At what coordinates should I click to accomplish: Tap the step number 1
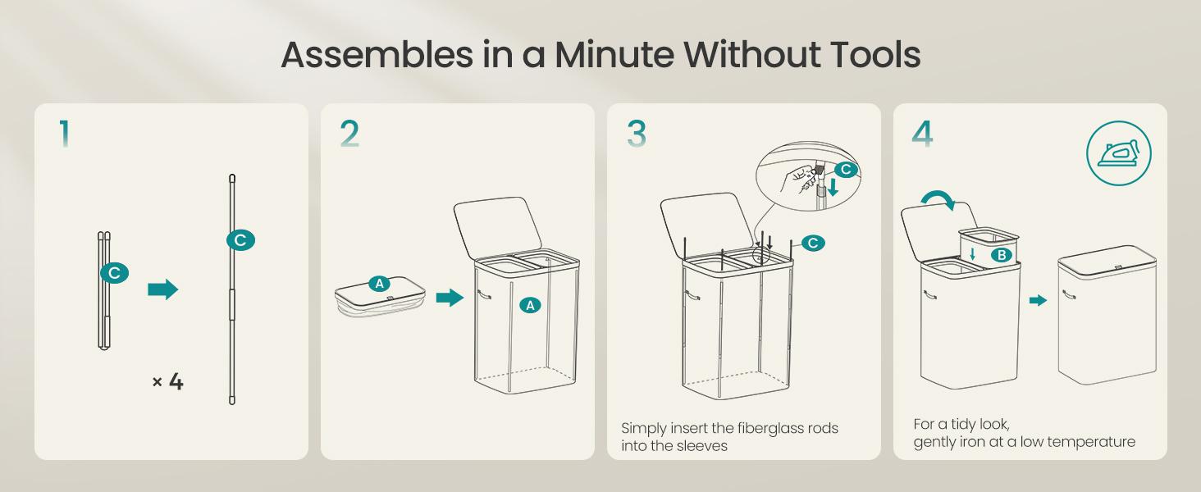point(65,134)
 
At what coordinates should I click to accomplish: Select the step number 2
point(349,134)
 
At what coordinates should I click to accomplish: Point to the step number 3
point(637,134)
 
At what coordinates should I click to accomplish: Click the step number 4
point(922,134)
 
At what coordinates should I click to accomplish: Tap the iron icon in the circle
point(1118,153)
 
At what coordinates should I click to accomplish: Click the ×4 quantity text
point(168,382)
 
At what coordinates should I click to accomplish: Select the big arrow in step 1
point(162,289)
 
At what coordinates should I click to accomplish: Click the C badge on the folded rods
point(114,273)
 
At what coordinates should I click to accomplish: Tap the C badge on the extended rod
point(240,240)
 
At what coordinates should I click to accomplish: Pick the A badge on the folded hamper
point(380,284)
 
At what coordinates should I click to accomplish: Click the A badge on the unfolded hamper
point(530,306)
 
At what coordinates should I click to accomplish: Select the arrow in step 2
point(450,298)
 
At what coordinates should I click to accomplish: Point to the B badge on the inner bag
point(1001,255)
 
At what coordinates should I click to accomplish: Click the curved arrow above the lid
point(938,199)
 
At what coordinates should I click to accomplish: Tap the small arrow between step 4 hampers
point(1038,300)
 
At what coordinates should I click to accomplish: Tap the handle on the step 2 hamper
point(484,294)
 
